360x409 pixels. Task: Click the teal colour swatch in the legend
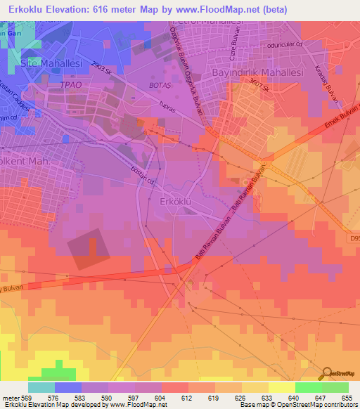41,387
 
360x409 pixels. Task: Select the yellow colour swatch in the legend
281,387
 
